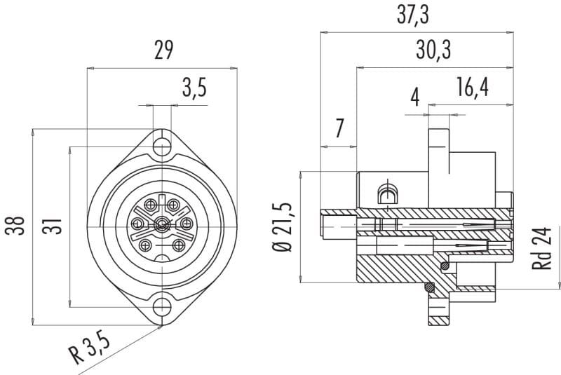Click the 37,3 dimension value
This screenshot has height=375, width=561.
coord(412,15)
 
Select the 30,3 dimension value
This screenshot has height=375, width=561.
coord(433,50)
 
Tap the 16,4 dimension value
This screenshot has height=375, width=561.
coord(472,87)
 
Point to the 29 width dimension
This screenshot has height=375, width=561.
coord(164,50)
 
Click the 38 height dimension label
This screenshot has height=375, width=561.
coord(15,225)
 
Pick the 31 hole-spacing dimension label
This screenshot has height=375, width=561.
coord(52,226)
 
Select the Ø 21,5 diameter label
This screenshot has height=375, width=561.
coord(283,227)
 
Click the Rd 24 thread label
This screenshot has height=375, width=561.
coord(541,247)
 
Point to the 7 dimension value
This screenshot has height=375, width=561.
coord(339,128)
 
